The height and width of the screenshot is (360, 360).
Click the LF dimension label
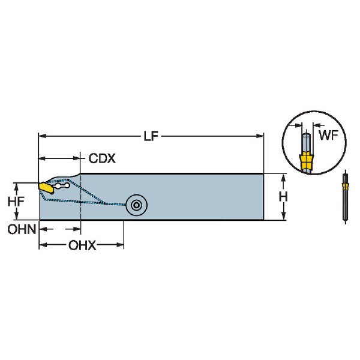pyautogui.click(x=151, y=137)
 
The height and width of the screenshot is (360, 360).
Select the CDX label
pyautogui.click(x=102, y=159)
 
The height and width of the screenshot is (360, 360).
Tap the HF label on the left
pyautogui.click(x=17, y=202)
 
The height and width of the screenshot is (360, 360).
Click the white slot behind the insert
pyautogui.click(x=62, y=187)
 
